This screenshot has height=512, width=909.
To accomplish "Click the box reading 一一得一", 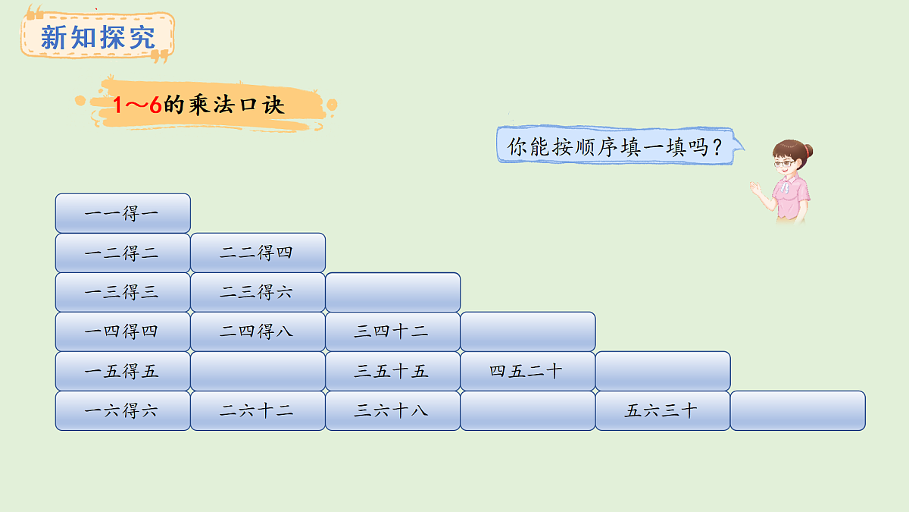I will click(123, 213).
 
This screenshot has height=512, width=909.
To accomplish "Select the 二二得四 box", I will click(258, 253).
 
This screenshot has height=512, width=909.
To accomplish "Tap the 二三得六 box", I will click(258, 292).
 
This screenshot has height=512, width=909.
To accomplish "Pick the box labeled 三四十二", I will click(392, 331).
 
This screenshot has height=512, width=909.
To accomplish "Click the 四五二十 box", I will click(527, 371).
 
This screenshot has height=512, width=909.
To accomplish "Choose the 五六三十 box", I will click(662, 410).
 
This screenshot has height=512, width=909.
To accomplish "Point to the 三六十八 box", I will click(392, 410).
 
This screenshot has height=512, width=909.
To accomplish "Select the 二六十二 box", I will click(258, 410).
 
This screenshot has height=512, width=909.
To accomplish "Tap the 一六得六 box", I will click(123, 410).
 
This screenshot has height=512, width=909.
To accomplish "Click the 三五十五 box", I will click(392, 371).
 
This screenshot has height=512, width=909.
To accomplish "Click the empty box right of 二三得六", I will click(392, 292).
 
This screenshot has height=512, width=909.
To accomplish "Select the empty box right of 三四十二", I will click(527, 331).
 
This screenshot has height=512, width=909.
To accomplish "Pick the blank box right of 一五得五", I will click(258, 371).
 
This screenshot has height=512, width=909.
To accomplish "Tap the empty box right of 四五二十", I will click(662, 371).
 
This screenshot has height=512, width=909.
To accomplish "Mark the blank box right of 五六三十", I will click(797, 410).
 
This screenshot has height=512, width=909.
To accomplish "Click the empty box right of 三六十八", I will click(527, 410).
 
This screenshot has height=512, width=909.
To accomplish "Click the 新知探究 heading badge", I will click(97, 36).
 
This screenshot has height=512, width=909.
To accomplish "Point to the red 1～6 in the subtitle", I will click(137, 105).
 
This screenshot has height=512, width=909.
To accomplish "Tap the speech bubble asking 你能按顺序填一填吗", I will click(615, 146).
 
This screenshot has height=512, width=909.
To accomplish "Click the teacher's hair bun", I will click(808, 149).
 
